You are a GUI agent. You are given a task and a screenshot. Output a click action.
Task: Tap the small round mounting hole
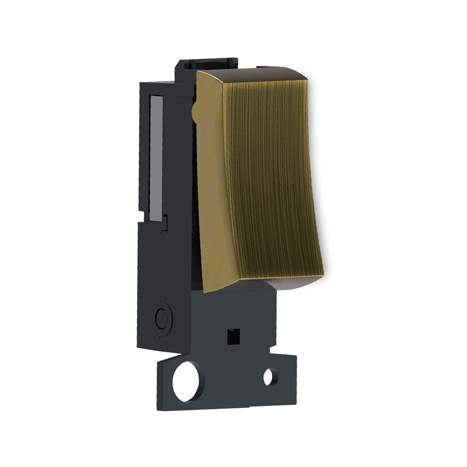(x=269, y=377)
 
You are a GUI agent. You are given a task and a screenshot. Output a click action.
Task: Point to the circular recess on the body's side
(x=162, y=318)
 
